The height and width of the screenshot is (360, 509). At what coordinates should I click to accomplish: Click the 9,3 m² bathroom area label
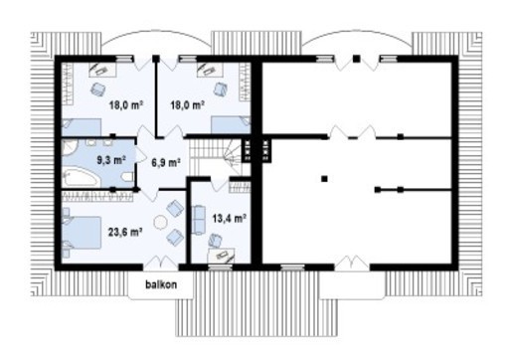(x=110, y=159)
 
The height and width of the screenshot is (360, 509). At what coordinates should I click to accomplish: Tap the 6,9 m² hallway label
(x=164, y=161)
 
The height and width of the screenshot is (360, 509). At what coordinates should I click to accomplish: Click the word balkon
(x=159, y=283)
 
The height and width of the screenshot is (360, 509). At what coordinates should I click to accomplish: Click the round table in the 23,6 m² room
(x=162, y=222)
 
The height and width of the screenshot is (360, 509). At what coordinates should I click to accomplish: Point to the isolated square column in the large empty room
(x=324, y=179)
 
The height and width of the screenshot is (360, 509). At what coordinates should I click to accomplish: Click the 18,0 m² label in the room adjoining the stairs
(x=186, y=104)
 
